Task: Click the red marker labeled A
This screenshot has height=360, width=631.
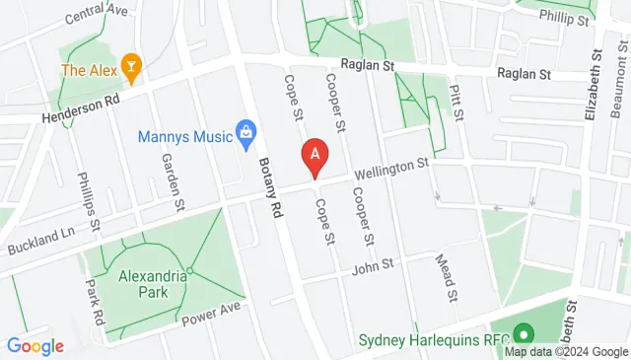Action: (315, 155)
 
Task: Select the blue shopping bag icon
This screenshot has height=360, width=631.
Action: (245, 131)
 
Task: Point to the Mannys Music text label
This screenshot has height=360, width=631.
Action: (183, 137)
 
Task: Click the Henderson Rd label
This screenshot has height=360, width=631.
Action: (80, 108)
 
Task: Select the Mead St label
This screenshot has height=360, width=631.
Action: (446, 277)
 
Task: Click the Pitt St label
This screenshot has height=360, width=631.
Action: (456, 102)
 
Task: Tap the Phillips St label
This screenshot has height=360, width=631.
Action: (89, 202)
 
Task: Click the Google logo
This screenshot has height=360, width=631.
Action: (35, 346)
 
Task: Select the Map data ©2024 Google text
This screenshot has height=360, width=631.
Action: (566, 352)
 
